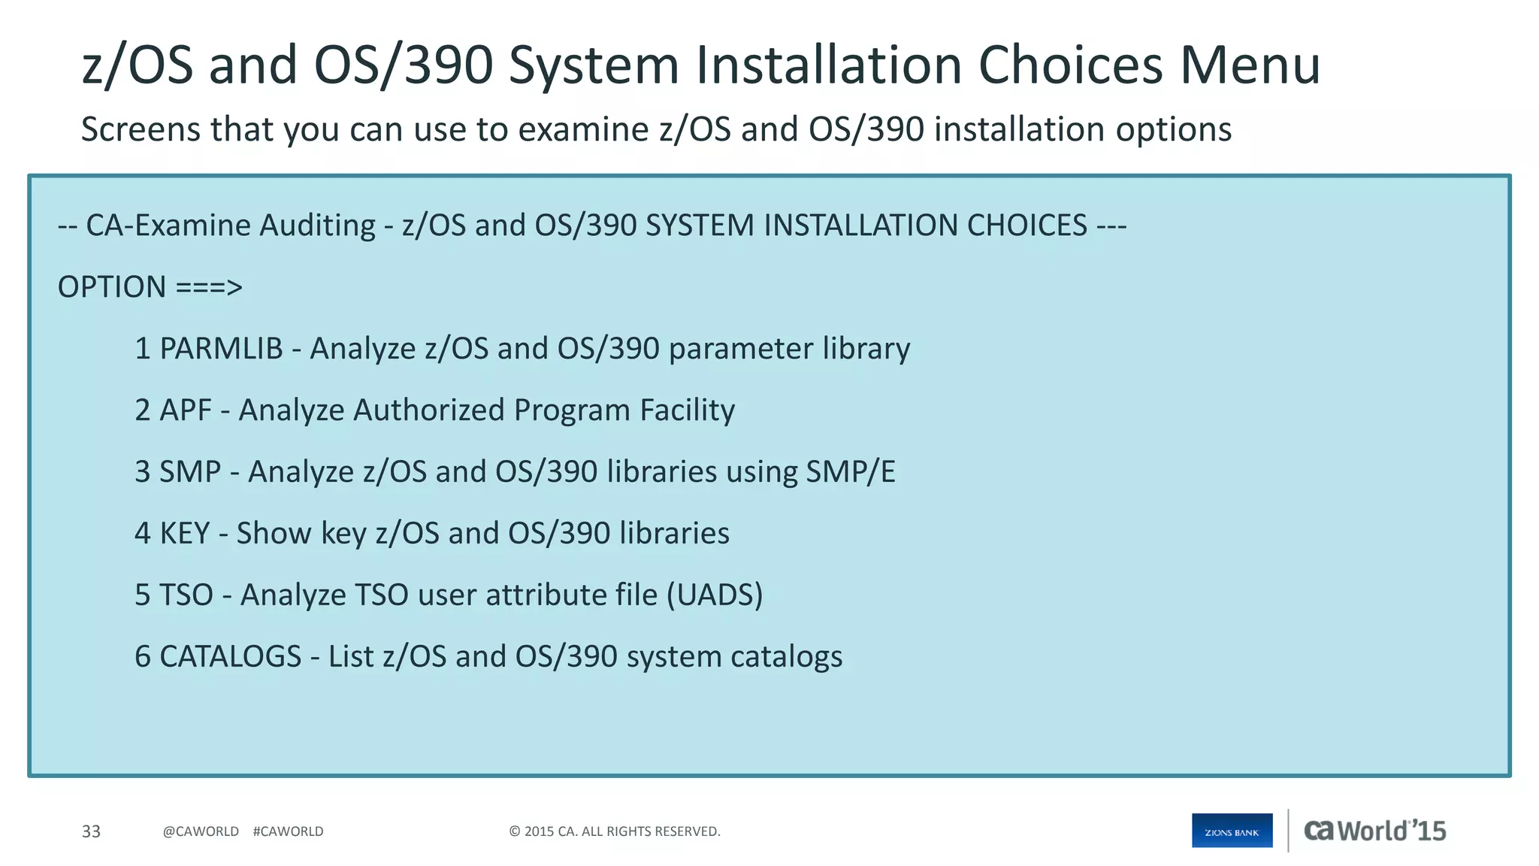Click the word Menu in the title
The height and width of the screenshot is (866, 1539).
(x=1249, y=65)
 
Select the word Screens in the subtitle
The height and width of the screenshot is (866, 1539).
(x=141, y=129)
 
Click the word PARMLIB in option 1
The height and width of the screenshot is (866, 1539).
(x=221, y=349)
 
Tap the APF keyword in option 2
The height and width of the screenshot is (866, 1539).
(x=185, y=410)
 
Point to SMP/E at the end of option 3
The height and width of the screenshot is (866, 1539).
(x=850, y=472)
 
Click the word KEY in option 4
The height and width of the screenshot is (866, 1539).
(x=184, y=534)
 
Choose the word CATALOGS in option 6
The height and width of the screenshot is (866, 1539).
(x=230, y=657)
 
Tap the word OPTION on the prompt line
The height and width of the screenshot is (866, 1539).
(x=112, y=287)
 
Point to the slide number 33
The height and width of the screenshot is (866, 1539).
(x=91, y=831)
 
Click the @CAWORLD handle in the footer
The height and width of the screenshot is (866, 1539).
(x=201, y=831)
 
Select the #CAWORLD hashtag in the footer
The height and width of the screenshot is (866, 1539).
(x=288, y=831)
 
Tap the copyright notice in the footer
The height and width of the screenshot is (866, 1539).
(x=615, y=831)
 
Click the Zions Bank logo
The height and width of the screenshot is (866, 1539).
(x=1232, y=831)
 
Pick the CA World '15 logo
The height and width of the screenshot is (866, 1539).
(x=1374, y=831)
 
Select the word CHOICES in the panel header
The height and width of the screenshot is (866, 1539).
(x=1027, y=226)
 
